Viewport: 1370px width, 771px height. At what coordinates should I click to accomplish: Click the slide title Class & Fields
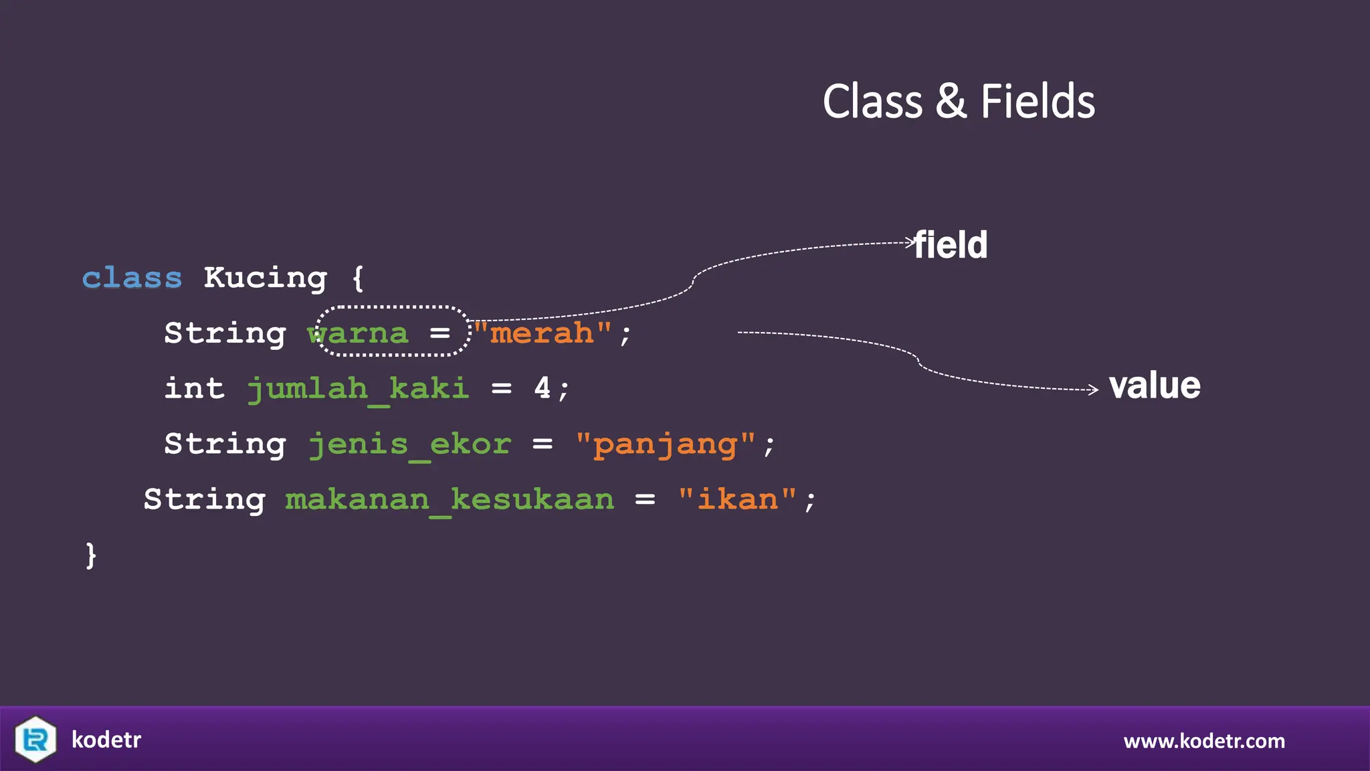(959, 102)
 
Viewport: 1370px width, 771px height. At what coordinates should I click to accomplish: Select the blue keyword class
(132, 278)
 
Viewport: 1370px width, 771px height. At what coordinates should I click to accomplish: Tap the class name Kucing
(265, 278)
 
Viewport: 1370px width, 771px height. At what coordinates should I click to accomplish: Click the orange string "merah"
(543, 333)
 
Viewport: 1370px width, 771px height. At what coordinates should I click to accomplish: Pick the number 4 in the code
(542, 388)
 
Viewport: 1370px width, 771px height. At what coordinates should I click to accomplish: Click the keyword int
(194, 389)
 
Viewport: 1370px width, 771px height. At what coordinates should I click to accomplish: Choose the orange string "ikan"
(737, 500)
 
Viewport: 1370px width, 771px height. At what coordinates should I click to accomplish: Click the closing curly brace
(91, 555)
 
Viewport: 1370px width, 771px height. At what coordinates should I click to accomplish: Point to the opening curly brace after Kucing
(359, 278)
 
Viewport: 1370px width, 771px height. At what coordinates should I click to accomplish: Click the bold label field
(951, 245)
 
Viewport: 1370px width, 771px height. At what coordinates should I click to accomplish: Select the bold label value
(1155, 386)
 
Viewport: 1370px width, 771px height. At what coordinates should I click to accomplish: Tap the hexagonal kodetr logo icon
(35, 739)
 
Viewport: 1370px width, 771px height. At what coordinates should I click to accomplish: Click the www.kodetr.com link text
(1204, 741)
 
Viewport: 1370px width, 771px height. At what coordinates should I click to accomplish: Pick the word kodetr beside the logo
(106, 740)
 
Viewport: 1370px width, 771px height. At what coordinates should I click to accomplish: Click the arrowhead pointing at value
(1094, 390)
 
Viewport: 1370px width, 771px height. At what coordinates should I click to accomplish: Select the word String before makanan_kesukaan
(205, 500)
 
